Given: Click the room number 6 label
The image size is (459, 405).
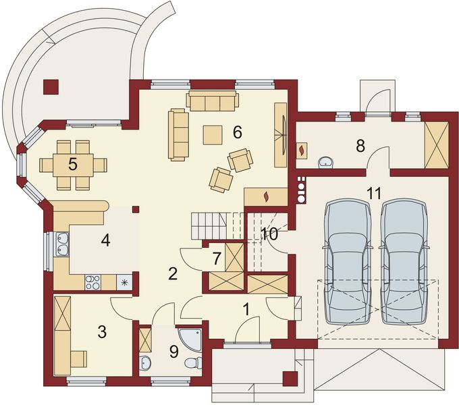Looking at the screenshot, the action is [x=238, y=132].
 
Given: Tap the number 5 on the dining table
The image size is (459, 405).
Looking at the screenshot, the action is [x=73, y=164].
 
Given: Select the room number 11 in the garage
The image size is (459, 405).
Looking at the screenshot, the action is [x=375, y=194].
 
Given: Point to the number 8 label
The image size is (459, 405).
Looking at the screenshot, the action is [x=360, y=146].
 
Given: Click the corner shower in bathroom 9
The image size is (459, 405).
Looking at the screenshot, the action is [x=190, y=340].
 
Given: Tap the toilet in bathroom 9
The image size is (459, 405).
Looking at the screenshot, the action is [x=194, y=363].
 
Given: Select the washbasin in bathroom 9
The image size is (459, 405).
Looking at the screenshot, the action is [x=145, y=363].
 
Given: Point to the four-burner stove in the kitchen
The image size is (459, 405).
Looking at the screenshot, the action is [x=92, y=282].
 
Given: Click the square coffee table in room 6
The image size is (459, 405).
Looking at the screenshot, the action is [x=213, y=135].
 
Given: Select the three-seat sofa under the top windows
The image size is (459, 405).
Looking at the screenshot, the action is [x=212, y=101].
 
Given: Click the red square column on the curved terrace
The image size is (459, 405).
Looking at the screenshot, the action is [x=51, y=87].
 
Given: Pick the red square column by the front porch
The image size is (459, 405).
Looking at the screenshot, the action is [x=290, y=379].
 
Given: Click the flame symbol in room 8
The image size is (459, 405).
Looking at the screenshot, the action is [x=302, y=151].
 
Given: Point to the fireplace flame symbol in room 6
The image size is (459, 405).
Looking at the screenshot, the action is [x=266, y=197].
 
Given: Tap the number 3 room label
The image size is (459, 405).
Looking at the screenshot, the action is [x=102, y=332].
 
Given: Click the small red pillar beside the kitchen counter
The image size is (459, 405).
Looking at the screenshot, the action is [x=136, y=209].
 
